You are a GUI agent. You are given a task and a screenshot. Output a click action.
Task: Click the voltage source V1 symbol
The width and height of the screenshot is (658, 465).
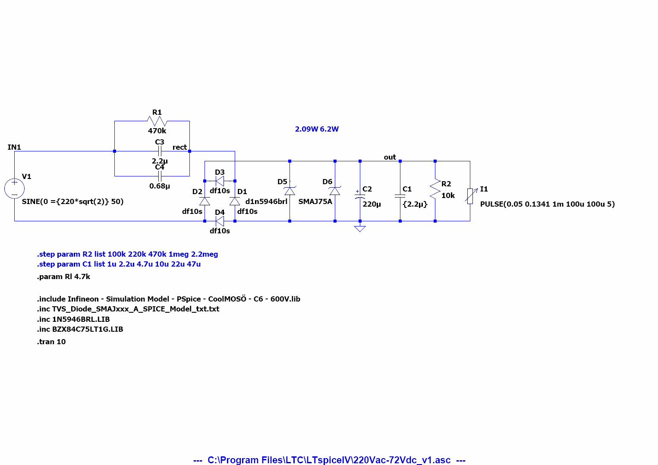14,189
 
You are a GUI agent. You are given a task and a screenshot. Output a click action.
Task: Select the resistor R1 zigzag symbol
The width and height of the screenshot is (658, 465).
157,121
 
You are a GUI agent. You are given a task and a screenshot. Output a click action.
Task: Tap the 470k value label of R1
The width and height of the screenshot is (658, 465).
157,131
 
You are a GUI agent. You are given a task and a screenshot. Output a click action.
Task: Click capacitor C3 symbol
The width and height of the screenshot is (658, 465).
160,151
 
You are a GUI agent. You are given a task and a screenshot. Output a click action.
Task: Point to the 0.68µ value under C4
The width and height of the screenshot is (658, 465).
160,186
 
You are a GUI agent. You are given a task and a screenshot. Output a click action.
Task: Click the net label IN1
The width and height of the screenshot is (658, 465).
14,148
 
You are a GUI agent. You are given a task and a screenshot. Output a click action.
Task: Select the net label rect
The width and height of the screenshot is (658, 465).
179,148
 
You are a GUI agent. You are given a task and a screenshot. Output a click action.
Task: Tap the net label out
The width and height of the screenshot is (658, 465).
390,157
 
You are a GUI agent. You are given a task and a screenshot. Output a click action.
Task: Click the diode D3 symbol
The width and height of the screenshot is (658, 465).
220,181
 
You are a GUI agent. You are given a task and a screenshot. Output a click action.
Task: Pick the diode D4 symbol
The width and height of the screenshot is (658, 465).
220,221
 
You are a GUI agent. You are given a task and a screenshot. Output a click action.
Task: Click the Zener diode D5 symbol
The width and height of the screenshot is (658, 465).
290,191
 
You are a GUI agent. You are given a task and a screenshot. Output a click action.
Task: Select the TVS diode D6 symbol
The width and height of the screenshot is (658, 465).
335,191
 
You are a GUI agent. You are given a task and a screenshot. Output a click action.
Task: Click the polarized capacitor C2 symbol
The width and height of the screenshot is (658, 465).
360,195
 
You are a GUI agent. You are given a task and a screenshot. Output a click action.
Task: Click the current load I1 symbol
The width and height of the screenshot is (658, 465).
470,195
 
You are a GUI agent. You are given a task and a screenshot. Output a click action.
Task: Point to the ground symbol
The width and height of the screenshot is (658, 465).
360,228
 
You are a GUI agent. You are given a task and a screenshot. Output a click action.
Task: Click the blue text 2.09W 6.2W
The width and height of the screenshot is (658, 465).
317,129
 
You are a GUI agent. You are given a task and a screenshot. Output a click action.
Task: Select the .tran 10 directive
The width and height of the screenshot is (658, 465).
51,342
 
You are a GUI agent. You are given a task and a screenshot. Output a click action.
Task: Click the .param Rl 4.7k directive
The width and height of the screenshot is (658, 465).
63,277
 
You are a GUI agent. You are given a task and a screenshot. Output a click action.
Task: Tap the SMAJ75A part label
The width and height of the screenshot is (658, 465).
315,202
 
